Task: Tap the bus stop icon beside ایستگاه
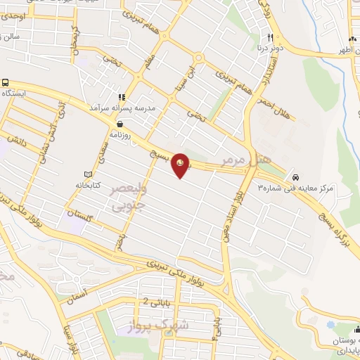click(x=5, y=82)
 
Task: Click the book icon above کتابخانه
click(x=87, y=174)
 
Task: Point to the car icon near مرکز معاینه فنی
click(x=296, y=176)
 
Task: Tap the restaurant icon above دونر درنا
click(x=269, y=37)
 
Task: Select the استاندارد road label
click(x=270, y=68)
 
